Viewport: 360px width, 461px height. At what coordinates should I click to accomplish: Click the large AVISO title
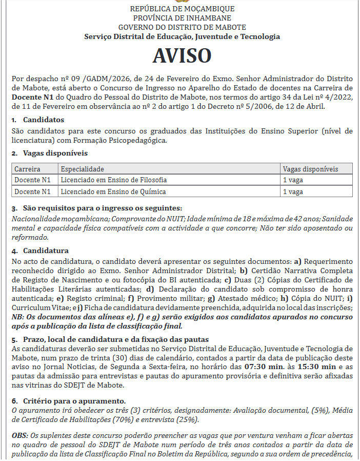(x=182, y=55)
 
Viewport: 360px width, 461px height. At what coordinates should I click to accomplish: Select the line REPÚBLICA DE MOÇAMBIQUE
(x=182, y=9)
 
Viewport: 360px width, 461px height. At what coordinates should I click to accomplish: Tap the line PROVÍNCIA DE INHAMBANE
(x=182, y=18)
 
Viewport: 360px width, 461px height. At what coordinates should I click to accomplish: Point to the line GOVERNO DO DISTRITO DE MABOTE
(x=182, y=27)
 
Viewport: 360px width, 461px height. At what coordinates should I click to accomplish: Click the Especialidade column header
(x=82, y=169)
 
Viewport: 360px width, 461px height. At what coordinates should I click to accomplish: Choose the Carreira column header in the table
(x=27, y=169)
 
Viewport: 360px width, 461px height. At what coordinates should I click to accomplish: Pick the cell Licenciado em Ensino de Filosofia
(x=113, y=180)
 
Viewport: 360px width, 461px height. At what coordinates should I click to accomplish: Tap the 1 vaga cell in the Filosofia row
(x=293, y=180)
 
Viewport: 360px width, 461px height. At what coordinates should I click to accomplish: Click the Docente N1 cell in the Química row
(x=32, y=192)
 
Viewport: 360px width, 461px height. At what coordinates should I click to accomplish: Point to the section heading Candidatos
(x=43, y=120)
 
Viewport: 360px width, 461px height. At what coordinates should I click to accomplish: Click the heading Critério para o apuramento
(x=74, y=400)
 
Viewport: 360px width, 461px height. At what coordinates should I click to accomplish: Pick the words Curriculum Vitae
(x=35, y=308)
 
